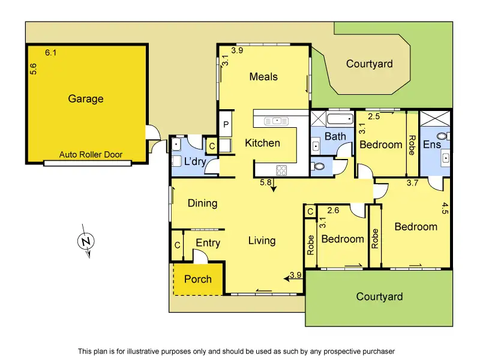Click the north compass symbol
tap(86, 241)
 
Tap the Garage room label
tap(86, 98)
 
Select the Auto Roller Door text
tap(91, 155)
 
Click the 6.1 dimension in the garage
tap(51, 53)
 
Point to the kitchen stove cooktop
tap(281, 170)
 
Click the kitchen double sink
tap(277, 121)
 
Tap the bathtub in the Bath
tap(340, 118)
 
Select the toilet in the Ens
tap(443, 136)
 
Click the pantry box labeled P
tap(226, 124)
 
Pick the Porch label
tap(198, 279)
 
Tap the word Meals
tap(263, 77)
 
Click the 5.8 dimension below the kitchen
tap(265, 182)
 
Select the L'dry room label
tap(195, 161)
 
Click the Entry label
tap(208, 243)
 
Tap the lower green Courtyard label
tap(379, 296)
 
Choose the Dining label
tap(203, 203)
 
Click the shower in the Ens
tap(435, 118)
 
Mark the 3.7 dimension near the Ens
tap(412, 183)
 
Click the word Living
tap(262, 241)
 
